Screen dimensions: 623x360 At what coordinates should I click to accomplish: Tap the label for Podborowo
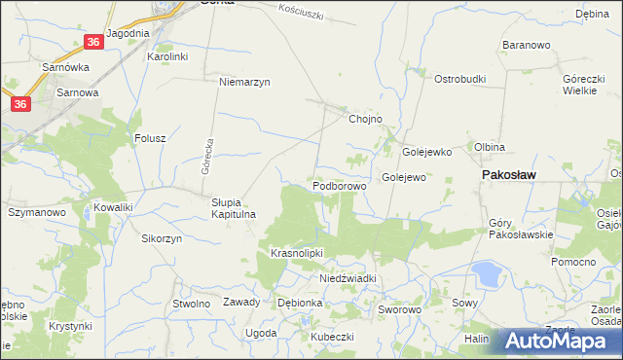point(338,185)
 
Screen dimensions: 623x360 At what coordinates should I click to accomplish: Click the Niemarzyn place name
point(244,82)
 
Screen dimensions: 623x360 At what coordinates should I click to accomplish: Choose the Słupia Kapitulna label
point(233,208)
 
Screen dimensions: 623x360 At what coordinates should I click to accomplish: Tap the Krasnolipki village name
point(296,253)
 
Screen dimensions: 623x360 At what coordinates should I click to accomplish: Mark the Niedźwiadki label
point(348,278)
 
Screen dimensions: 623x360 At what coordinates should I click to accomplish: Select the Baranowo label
point(527,45)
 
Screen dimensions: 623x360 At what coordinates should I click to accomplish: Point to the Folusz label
point(151,139)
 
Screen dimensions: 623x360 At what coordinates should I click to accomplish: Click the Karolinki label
point(166,57)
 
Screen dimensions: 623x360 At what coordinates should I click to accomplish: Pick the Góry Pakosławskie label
point(520,229)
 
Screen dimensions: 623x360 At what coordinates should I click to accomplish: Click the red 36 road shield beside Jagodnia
point(92,42)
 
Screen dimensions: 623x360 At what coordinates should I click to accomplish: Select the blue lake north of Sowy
point(484,274)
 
